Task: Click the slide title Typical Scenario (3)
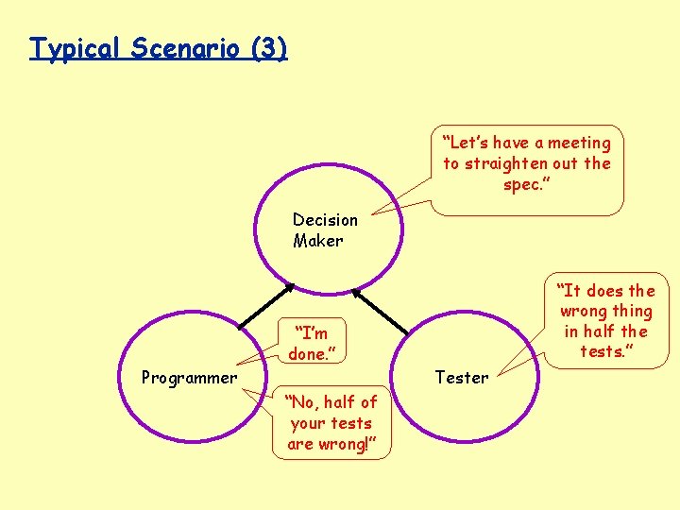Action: (158, 47)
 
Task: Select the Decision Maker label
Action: (325, 229)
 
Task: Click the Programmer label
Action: (189, 378)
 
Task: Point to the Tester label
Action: (461, 378)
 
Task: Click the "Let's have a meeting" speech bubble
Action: (528, 163)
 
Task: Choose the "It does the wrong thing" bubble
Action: (606, 321)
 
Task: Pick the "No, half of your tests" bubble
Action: (331, 423)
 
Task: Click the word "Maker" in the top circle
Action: (318, 241)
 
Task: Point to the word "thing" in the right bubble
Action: (632, 311)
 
